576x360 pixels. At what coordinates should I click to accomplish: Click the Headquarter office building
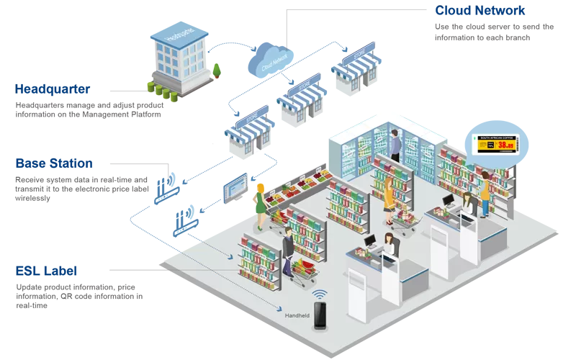click(179, 54)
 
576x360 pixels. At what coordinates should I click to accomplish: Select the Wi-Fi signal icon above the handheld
click(320, 293)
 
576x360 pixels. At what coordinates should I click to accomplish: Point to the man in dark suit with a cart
click(287, 248)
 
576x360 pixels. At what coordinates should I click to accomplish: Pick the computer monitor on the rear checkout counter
click(448, 199)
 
